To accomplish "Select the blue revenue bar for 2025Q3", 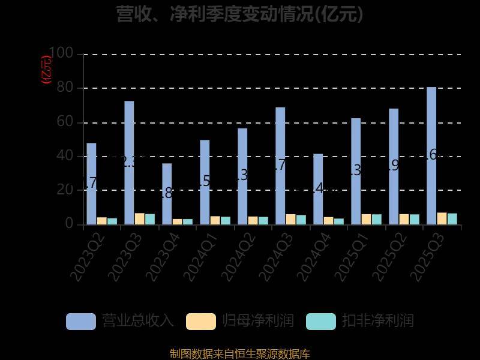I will (431, 155).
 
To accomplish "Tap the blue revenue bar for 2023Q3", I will (129, 163).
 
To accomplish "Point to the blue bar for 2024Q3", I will (280, 166).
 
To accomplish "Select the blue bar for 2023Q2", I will (91, 183).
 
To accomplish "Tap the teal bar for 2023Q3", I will (149, 219).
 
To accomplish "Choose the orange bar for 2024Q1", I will (215, 220).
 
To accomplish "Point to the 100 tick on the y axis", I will (61, 54).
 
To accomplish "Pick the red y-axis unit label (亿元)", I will (46, 69).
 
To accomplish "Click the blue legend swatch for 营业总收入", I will (81, 321).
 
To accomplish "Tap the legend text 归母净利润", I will (258, 320).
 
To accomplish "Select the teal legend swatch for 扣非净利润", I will (321, 321).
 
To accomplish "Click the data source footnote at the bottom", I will (240, 354).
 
